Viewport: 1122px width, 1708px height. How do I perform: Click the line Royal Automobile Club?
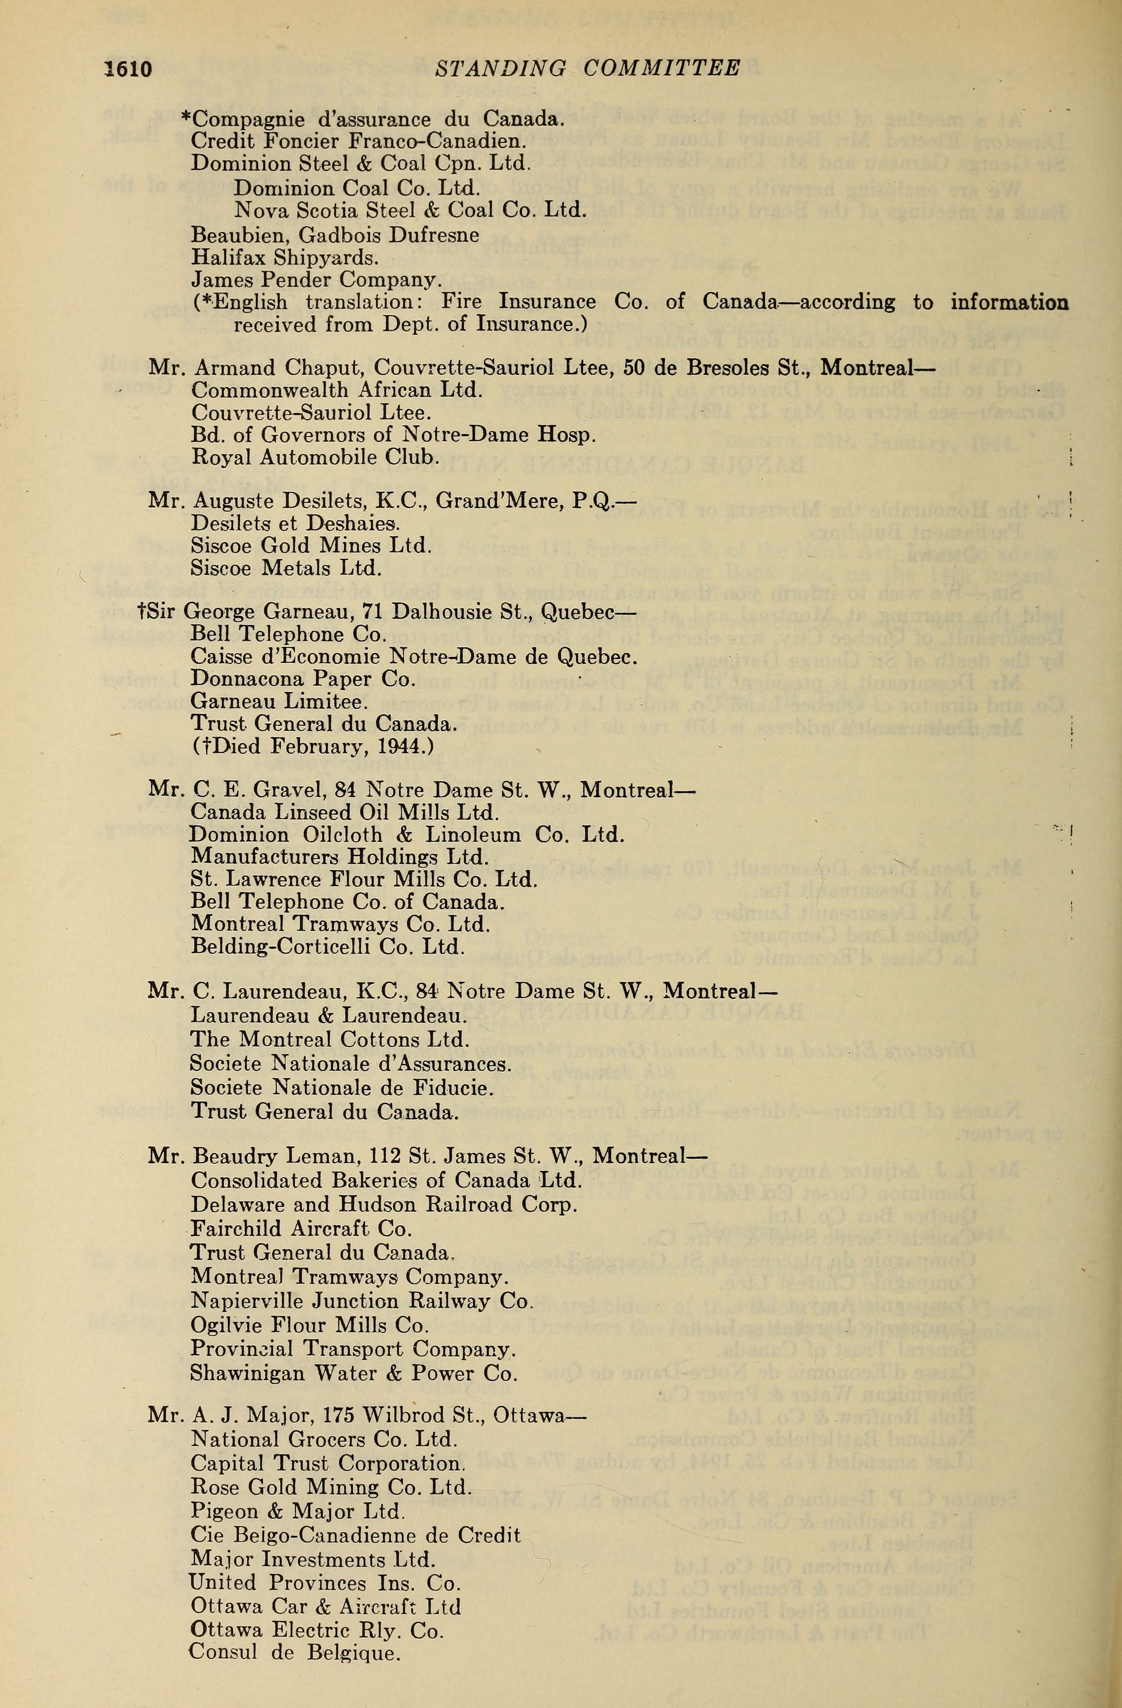[315, 457]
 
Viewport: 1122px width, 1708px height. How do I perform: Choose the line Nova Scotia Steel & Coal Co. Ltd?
[410, 210]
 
